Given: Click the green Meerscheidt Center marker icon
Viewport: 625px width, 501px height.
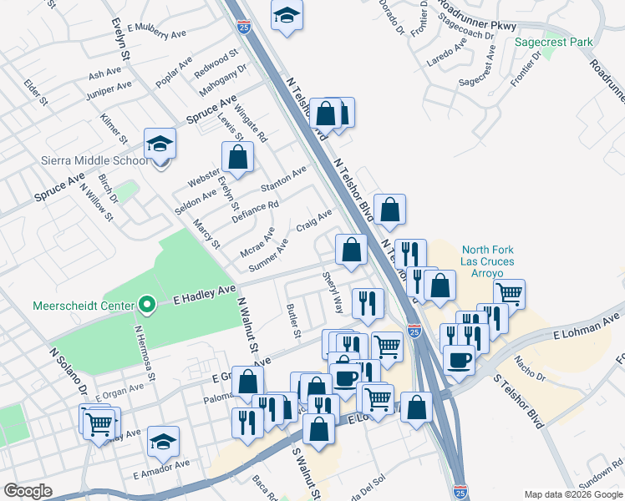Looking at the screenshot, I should click(147, 305).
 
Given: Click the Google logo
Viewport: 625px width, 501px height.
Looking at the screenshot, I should click(28, 491).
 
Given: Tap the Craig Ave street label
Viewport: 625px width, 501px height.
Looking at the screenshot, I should click(314, 223).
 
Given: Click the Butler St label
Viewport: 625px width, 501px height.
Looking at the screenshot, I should click(293, 320).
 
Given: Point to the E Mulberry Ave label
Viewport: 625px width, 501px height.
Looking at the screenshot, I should click(156, 32).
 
